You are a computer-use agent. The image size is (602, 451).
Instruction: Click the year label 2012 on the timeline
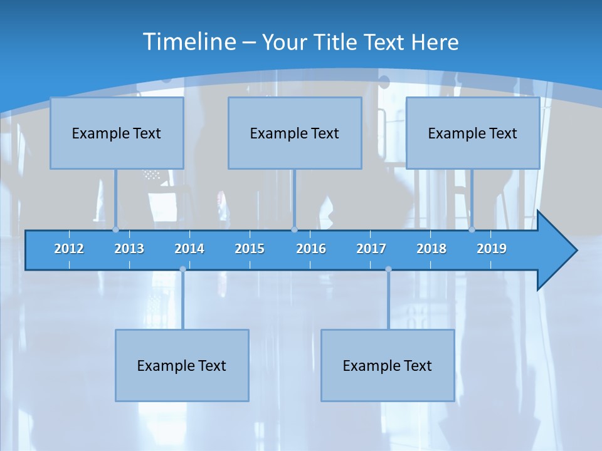click(x=69, y=249)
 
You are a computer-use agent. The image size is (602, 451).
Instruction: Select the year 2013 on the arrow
click(x=129, y=249)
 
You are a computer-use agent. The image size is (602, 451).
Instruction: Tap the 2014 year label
click(x=189, y=249)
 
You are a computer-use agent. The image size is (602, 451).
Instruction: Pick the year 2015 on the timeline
click(x=250, y=249)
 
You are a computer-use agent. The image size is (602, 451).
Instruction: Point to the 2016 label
click(x=311, y=249)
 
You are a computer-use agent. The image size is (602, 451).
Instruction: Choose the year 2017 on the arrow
click(x=371, y=249)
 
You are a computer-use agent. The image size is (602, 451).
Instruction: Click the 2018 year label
click(x=431, y=249)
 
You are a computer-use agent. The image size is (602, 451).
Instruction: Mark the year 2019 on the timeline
click(x=492, y=249)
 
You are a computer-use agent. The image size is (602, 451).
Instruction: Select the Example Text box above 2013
click(x=117, y=133)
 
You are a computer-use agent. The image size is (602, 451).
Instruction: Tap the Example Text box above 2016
click(x=295, y=133)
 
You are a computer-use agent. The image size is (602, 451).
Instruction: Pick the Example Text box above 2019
click(x=473, y=133)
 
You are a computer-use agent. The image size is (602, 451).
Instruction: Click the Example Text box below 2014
click(x=182, y=365)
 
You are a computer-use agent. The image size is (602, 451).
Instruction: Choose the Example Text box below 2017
click(x=388, y=365)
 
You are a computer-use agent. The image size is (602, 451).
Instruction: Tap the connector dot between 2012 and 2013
click(x=115, y=229)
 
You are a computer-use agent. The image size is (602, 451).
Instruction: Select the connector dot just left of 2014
click(x=182, y=269)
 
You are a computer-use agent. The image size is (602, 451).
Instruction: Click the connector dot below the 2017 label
click(x=388, y=269)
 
